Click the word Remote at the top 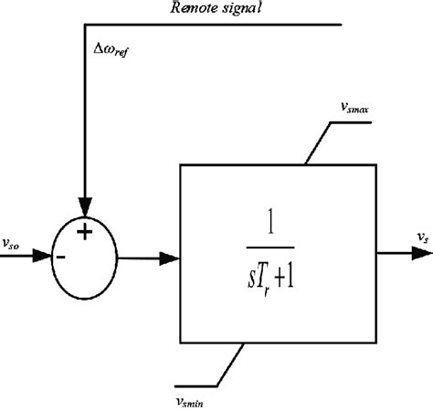point(200,8)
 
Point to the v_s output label point(422,237)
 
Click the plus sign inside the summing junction point(84,232)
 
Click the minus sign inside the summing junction point(60,257)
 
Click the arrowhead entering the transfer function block point(170,257)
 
